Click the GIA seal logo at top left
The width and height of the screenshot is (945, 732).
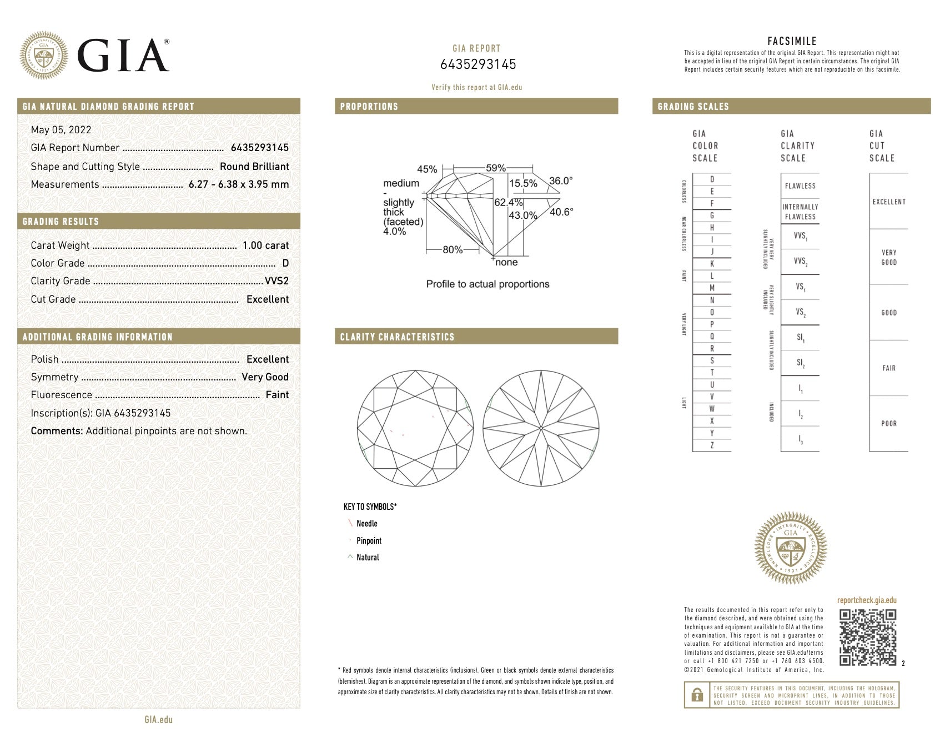(x=44, y=55)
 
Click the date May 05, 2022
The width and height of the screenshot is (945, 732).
(x=61, y=130)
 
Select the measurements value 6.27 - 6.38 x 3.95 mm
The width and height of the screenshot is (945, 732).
(x=239, y=184)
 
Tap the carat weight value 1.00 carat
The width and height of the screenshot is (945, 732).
(x=265, y=245)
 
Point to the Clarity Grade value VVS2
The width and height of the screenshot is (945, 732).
(x=277, y=281)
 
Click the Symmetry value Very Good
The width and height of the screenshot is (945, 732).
(x=265, y=377)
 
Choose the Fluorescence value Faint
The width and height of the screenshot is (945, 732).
(x=277, y=395)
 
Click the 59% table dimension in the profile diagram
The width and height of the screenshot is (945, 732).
(x=495, y=168)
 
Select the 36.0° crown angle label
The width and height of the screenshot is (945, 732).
(x=560, y=181)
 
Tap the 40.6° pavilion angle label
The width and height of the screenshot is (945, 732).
(x=561, y=212)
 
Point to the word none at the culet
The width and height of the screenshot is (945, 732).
(x=506, y=262)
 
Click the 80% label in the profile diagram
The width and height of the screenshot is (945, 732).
(x=452, y=250)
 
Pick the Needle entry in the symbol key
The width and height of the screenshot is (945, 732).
(x=366, y=524)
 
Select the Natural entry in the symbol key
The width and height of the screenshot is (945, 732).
(x=368, y=558)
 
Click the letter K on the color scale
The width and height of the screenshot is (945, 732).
(x=712, y=264)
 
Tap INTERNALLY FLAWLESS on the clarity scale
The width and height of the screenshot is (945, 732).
(x=800, y=212)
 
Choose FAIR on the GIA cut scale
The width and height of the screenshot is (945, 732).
(x=888, y=368)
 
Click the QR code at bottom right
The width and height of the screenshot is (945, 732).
(x=867, y=637)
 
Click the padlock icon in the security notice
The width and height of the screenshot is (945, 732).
(x=696, y=695)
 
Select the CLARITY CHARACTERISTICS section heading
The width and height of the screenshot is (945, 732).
(x=397, y=337)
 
